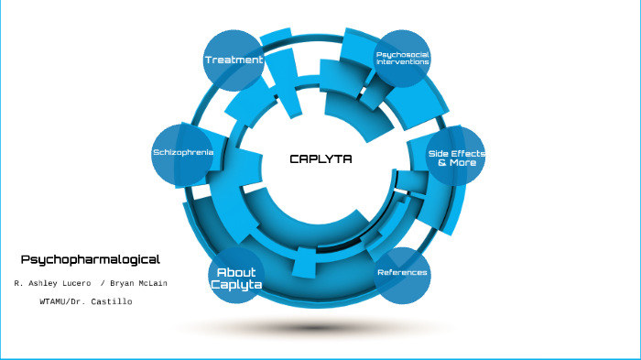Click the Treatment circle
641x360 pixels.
tap(234, 60)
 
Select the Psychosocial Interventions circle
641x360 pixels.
tap(403, 59)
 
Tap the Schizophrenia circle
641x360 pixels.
tap(183, 152)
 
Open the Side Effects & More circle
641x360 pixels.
tap(456, 157)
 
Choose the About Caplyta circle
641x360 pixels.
tap(236, 278)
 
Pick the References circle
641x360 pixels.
tap(402, 274)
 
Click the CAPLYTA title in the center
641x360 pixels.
tap(320, 158)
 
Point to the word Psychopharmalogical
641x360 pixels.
tap(90, 259)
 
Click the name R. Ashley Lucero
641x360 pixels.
tap(52, 283)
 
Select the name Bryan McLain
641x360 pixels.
tap(138, 283)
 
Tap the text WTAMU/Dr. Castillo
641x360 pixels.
tap(86, 301)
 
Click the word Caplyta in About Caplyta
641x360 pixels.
tap(236, 285)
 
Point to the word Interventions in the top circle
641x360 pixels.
tap(403, 62)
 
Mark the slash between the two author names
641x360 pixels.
tap(102, 283)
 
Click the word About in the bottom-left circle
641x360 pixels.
tap(236, 272)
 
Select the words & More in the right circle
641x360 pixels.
tap(456, 162)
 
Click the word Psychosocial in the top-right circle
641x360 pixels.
tap(403, 54)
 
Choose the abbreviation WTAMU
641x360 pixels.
tap(57, 301)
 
